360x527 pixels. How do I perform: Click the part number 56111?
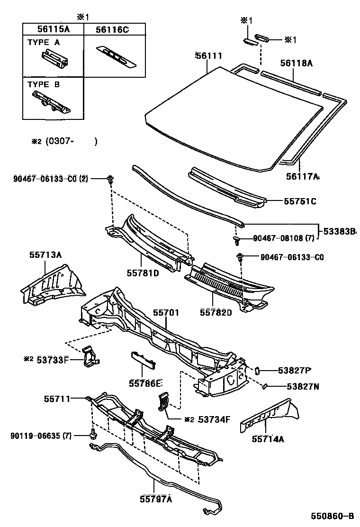pyautogui.click(x=208, y=56)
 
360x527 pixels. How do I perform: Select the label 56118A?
pyautogui.click(x=296, y=63)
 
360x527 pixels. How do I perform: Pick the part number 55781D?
pyautogui.click(x=142, y=273)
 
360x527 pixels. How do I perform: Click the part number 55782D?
pyautogui.click(x=216, y=312)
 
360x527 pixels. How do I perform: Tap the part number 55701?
pyautogui.click(x=166, y=313)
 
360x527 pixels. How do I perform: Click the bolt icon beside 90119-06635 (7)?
pyautogui.click(x=93, y=434)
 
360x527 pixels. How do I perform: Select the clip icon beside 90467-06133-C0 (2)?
pyautogui.click(x=110, y=179)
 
